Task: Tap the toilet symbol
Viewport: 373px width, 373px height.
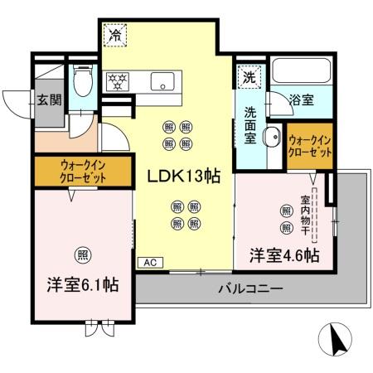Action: (82, 83)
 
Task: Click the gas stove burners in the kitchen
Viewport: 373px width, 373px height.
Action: (118, 81)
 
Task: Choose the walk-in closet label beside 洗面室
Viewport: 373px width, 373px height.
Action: (311, 146)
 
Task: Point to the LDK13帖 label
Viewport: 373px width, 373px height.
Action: (182, 177)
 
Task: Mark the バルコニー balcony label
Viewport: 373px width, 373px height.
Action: (250, 289)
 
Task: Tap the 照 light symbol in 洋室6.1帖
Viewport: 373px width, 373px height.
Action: (83, 253)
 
